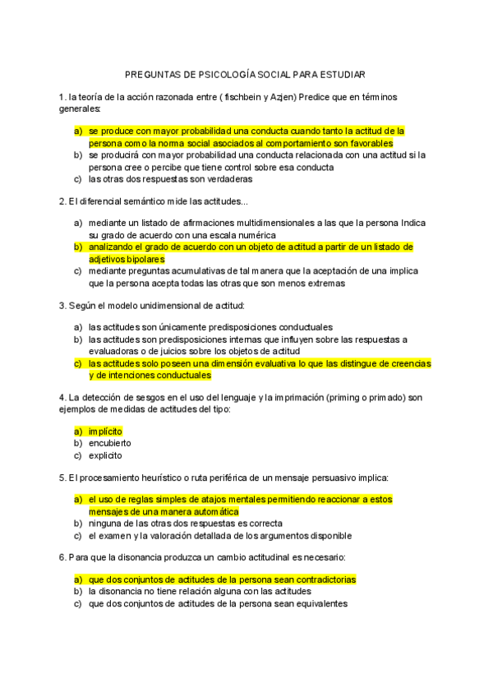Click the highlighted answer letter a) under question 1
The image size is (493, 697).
pyautogui.click(x=78, y=131)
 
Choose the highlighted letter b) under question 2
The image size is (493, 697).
pyautogui.click(x=78, y=247)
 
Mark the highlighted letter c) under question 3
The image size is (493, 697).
pyautogui.click(x=78, y=363)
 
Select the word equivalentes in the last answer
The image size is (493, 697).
pyautogui.click(x=316, y=602)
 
